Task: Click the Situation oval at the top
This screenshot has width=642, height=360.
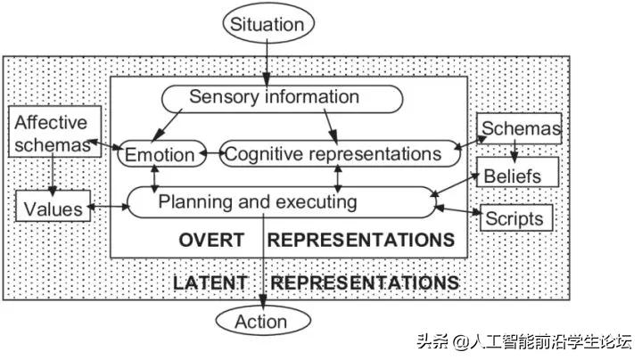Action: [x=267, y=23]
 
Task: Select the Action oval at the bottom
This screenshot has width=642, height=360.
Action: [x=261, y=321]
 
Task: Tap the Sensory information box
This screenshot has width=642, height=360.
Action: [x=274, y=96]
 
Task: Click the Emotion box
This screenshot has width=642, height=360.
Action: [x=161, y=154]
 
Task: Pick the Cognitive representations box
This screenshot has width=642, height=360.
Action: [x=333, y=154]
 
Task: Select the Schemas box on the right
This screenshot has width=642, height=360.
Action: [x=521, y=129]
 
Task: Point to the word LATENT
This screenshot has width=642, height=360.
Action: [x=210, y=283]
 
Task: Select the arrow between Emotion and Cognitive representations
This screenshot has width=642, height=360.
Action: [x=212, y=154]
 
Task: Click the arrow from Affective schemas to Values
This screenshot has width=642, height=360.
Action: [x=53, y=173]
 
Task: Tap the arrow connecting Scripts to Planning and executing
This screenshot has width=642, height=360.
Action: [x=458, y=212]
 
